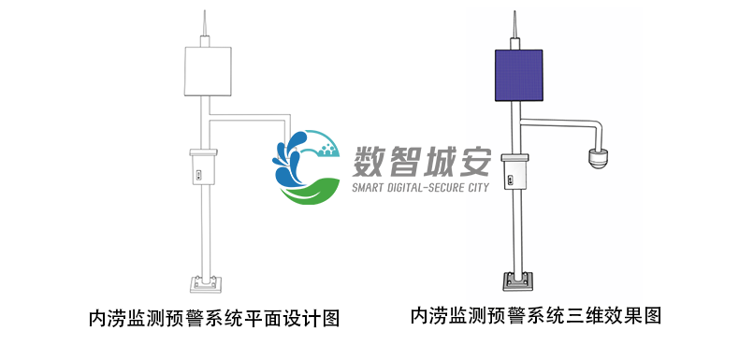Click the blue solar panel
click(x=514, y=76)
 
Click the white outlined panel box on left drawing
click(x=206, y=71)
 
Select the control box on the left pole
click(x=203, y=167)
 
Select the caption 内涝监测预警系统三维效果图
click(x=535, y=316)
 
